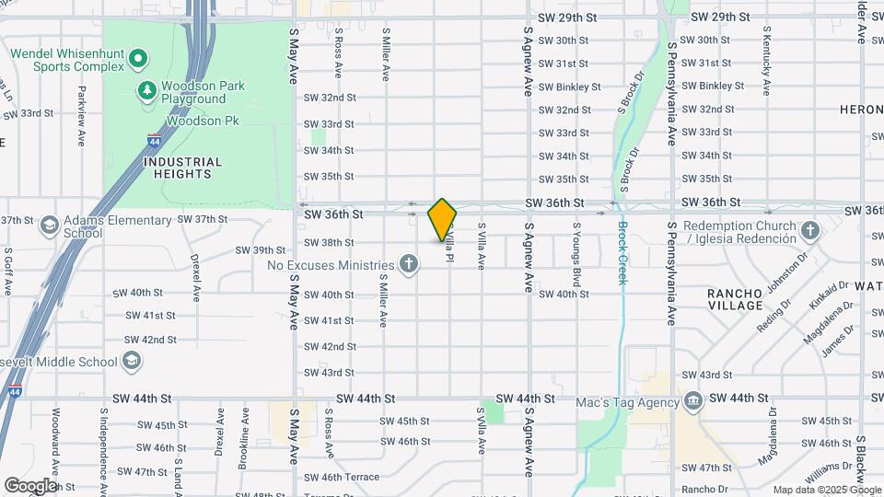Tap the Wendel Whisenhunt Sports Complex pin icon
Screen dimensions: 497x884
(138, 60)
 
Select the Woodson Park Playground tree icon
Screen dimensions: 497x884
(145, 89)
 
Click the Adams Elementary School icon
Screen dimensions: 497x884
(49, 225)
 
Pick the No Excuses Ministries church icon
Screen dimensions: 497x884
(410, 265)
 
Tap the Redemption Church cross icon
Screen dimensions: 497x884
(809, 229)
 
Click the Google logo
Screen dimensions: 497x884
(29, 485)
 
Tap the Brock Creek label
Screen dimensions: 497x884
(622, 253)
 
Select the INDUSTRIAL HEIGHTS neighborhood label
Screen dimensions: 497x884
(183, 167)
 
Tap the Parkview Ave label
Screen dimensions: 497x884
(82, 105)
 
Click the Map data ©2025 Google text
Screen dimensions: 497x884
(825, 490)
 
